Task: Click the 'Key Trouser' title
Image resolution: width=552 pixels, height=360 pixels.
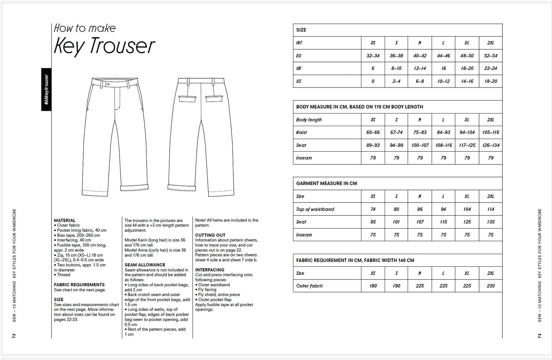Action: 104,45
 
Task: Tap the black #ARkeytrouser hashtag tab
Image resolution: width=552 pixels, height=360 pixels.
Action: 46,89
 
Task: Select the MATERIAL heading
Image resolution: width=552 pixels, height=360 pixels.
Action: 65,221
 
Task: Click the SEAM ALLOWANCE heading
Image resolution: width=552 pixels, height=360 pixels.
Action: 145,265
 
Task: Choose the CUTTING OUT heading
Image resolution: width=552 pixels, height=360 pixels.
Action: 210,235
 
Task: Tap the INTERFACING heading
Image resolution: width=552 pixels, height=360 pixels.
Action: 210,270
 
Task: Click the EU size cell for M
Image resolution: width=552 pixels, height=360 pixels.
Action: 419,56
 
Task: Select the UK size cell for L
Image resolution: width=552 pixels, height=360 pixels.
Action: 443,68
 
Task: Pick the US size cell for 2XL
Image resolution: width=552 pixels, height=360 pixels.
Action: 490,81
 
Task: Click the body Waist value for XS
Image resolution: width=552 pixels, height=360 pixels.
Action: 373,133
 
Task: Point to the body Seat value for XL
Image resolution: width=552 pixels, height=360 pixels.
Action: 467,145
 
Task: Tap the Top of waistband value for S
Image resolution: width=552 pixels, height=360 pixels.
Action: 396,209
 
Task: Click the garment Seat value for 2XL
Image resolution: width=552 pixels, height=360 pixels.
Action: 490,222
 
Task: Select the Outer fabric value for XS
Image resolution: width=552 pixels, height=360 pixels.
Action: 373,286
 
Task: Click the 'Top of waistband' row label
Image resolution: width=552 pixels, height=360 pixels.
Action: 315,209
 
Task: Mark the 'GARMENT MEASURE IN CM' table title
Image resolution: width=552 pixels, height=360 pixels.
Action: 326,183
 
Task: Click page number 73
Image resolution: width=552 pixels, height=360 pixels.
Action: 539,336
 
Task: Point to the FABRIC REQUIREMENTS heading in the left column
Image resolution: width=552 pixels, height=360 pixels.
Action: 79,285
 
